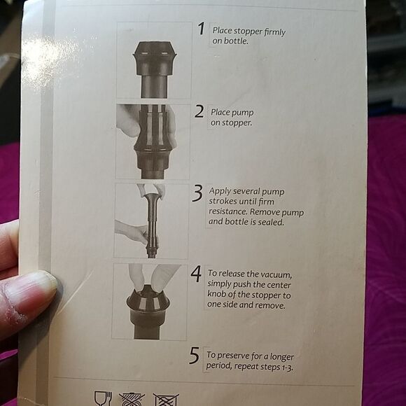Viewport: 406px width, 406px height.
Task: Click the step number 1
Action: [x=201, y=29]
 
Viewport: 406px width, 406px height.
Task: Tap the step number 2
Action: [x=199, y=112]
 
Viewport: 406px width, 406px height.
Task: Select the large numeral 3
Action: [x=197, y=194]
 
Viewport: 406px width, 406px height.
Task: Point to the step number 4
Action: [x=196, y=274]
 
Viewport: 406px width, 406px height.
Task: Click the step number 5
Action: [x=194, y=355]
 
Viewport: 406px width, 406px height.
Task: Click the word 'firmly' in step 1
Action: [x=272, y=32]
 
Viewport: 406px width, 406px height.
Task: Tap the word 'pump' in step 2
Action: [x=244, y=113]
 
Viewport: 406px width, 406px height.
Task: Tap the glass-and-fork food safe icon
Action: [x=103, y=398]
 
